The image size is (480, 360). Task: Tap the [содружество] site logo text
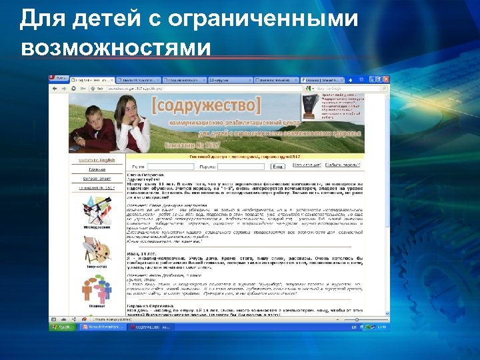(207, 105)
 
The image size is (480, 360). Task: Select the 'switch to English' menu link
(98, 160)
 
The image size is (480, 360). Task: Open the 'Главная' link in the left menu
(98, 169)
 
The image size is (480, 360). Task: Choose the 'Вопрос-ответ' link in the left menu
(98, 179)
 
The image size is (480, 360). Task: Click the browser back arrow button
(56, 87)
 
